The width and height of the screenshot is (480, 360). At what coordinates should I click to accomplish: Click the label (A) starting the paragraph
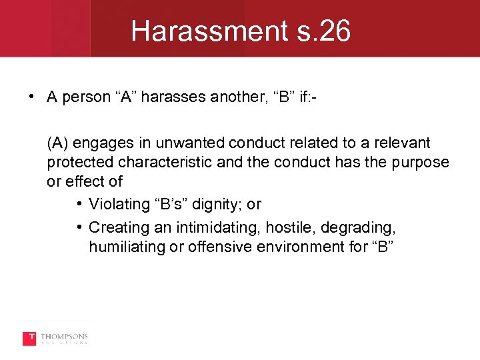pos(58,143)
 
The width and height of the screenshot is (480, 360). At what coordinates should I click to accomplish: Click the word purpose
pos(419,162)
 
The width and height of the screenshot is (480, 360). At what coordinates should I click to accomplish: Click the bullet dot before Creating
pos(79,227)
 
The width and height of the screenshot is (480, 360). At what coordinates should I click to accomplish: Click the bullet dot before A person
pos(32,97)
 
